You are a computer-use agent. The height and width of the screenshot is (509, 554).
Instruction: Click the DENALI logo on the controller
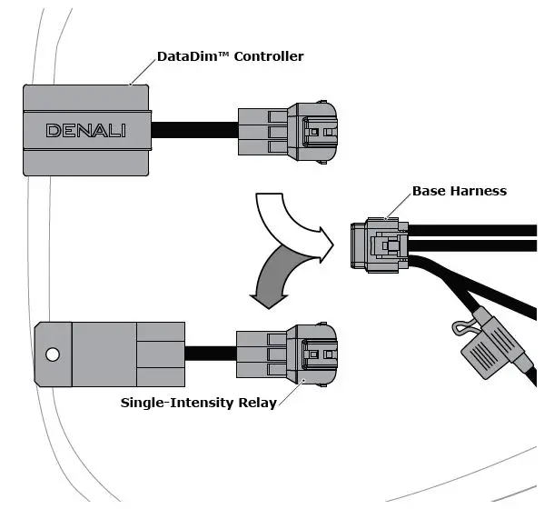click(x=87, y=131)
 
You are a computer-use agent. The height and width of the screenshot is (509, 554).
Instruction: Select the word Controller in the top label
click(x=269, y=56)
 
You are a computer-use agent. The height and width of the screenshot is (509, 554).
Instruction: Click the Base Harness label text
click(x=459, y=191)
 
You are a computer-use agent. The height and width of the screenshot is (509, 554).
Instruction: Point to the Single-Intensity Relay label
click(x=198, y=402)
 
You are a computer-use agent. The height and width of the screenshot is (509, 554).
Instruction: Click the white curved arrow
click(x=289, y=221)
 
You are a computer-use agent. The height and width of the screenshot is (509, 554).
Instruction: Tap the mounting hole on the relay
click(x=54, y=353)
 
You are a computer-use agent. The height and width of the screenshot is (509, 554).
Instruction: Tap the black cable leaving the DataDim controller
click(x=194, y=130)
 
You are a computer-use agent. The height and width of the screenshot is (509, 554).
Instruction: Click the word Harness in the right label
click(x=480, y=191)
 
